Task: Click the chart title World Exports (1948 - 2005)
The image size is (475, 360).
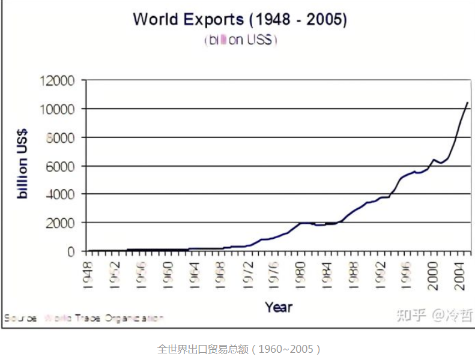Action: click(240, 19)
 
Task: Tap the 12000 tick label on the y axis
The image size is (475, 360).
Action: click(56, 81)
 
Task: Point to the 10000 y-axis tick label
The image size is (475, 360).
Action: click(56, 109)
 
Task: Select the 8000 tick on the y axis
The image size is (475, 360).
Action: click(59, 137)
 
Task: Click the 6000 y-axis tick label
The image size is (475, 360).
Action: click(59, 166)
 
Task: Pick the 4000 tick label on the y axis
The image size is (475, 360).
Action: click(59, 194)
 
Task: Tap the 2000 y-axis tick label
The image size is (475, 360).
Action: click(59, 223)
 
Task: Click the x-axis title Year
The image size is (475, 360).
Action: click(279, 307)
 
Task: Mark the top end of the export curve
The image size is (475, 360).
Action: click(467, 103)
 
